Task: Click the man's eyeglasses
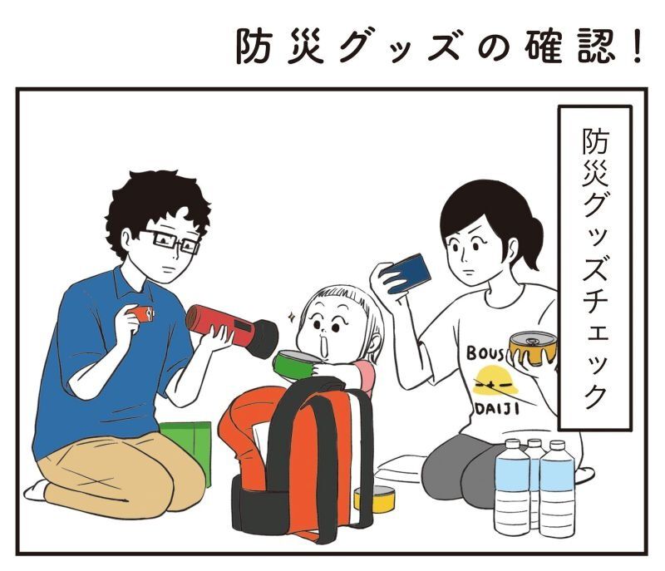point(173,242)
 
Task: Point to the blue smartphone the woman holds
point(406,273)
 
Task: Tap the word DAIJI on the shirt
point(496,409)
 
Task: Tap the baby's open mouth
point(324,344)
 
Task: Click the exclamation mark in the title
point(636,47)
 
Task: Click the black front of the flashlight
point(263,339)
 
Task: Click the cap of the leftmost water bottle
point(512,444)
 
